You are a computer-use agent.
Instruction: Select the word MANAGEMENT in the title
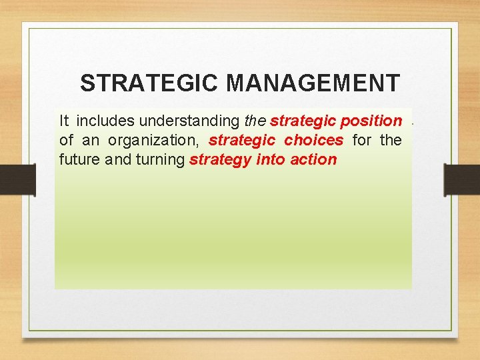point(313,83)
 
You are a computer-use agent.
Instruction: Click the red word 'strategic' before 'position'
point(302,121)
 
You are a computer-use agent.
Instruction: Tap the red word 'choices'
point(313,140)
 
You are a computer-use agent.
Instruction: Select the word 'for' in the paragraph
point(362,140)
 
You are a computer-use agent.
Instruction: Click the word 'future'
point(79,160)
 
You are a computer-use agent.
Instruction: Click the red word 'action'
point(313,160)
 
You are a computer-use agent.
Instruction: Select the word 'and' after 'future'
point(115,160)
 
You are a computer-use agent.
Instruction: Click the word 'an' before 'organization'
point(90,140)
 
